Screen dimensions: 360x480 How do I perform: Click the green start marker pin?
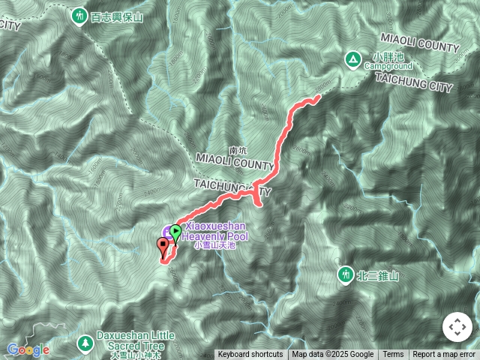point(175,232)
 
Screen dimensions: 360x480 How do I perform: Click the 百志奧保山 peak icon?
point(80,16)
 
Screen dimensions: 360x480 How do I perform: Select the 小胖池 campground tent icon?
point(352,58)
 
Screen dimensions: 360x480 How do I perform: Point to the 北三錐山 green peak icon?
point(345,275)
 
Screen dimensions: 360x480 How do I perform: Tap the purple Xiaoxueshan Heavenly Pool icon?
point(167,231)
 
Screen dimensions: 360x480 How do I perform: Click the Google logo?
point(28,349)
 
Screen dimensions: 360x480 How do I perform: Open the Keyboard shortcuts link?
point(250,355)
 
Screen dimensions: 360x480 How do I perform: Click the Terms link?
point(393,355)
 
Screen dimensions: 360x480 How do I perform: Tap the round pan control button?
point(456,327)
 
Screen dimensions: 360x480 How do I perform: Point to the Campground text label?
point(389,66)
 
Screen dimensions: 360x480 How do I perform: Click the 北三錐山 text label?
point(378,276)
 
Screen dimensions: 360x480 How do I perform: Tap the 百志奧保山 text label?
point(116,16)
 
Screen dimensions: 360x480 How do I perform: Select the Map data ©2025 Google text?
point(333,355)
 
